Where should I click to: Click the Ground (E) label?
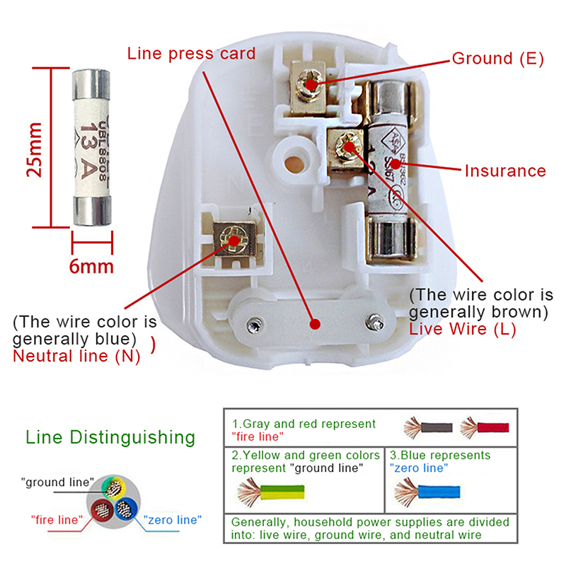(497, 59)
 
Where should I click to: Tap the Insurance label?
(505, 171)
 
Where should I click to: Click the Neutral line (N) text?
(76, 356)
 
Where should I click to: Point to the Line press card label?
(191, 54)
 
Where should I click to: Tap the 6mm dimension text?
(91, 266)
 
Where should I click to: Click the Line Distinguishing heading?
(110, 437)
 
